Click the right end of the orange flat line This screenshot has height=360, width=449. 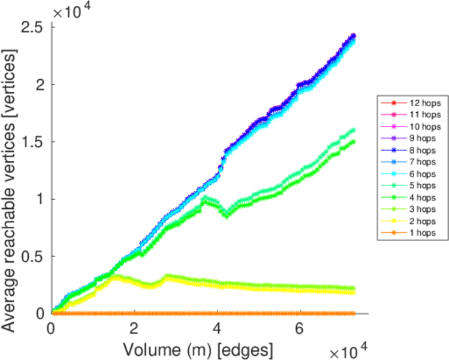click(355, 313)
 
